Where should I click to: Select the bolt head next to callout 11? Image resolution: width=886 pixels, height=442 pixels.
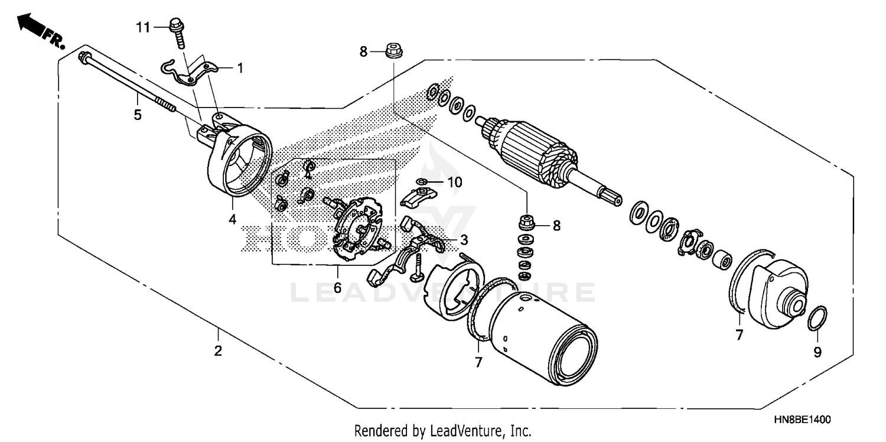[x=175, y=25]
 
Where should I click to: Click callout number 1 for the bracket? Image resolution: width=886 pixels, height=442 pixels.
[x=240, y=69]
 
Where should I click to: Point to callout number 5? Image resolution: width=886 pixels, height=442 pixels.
[x=138, y=115]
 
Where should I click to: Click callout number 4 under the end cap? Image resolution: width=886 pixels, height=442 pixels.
[x=232, y=219]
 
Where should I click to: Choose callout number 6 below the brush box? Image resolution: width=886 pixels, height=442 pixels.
[x=337, y=288]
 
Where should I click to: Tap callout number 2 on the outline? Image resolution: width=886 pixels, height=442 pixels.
[x=218, y=351]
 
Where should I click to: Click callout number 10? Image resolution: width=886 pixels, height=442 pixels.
[x=454, y=183]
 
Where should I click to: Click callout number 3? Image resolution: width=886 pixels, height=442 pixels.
[x=464, y=240]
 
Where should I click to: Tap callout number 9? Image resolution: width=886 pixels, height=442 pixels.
[x=817, y=353]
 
